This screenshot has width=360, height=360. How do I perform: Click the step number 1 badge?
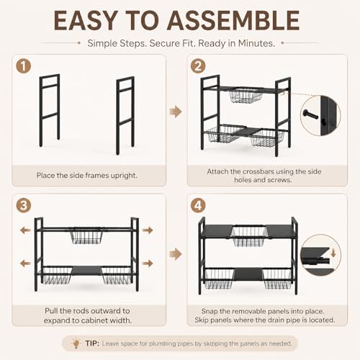coord(24,66)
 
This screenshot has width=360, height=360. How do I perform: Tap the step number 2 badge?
coord(198,66)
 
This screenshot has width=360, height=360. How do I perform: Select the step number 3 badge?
coord(24,205)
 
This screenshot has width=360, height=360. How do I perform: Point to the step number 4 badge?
coord(198,205)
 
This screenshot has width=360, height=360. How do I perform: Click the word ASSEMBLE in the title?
coord(233,21)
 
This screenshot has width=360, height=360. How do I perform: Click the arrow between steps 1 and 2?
coord(176,112)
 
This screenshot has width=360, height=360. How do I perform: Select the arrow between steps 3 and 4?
coord(176,254)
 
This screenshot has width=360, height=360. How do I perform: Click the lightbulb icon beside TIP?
coord(76,343)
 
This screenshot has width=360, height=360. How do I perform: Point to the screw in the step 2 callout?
coord(311,114)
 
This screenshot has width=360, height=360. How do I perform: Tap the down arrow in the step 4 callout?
coord(333,253)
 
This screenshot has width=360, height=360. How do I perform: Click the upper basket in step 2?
coord(246,96)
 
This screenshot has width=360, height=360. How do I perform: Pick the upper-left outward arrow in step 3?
coord(25,230)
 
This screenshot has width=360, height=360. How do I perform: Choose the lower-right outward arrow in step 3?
coord(148,264)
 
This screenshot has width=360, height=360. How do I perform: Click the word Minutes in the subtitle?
coord(256,43)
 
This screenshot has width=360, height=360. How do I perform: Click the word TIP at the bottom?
coord(92,343)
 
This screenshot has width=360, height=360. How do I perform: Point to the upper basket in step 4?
coord(249,236)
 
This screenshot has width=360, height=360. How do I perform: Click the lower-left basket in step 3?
coord(57,275)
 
